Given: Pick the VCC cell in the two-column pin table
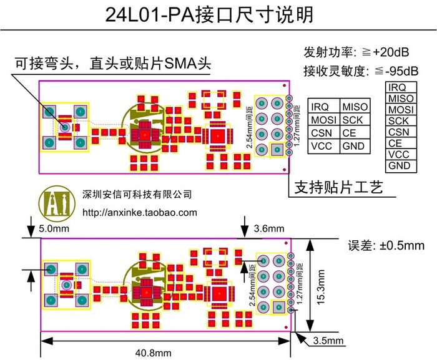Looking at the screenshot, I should [323, 146].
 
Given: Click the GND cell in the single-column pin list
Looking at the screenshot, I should [399, 166].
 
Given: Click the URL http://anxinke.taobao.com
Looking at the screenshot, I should [140, 212].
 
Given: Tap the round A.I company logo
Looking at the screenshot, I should [56, 203].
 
